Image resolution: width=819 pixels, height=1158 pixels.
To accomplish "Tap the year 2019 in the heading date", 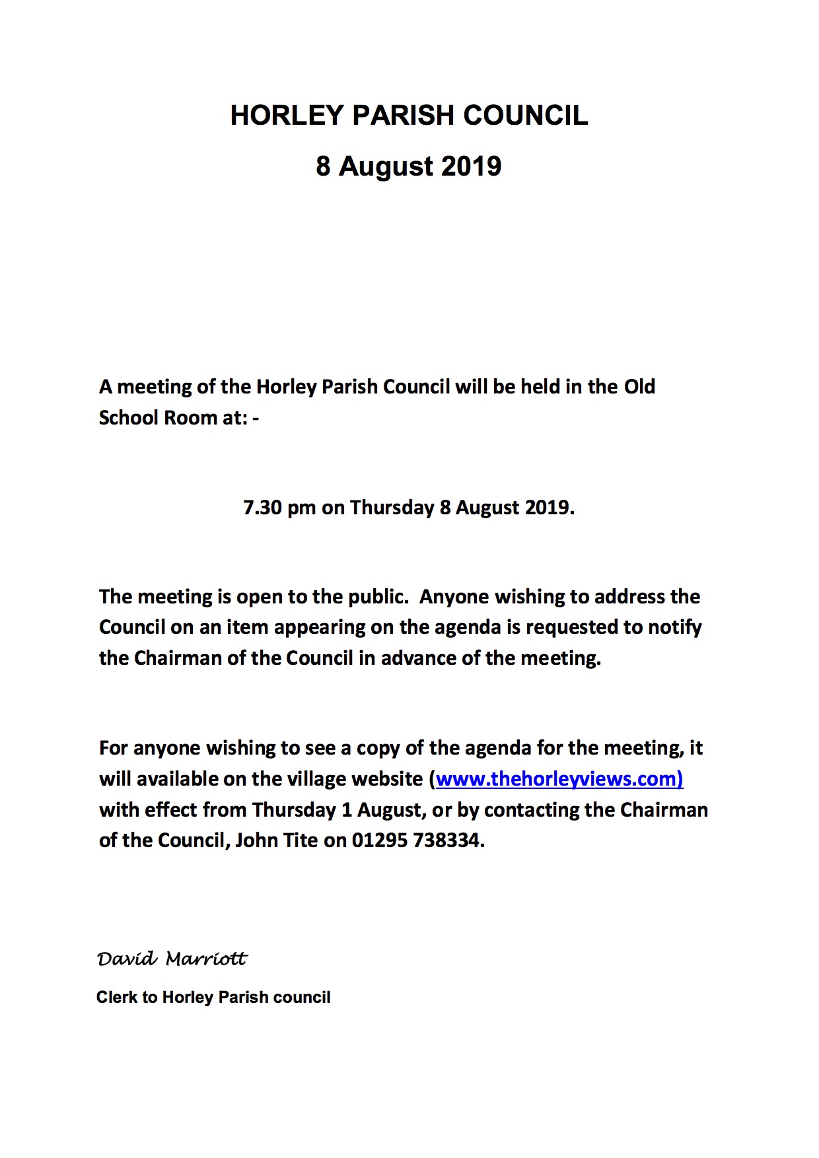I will (471, 166).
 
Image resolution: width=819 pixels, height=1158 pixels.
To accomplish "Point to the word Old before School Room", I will (639, 386).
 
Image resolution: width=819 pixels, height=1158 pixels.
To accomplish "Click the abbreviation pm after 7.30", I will (302, 508).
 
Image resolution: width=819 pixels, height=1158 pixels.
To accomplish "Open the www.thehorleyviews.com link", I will (559, 779).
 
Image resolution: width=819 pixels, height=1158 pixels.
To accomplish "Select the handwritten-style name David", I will (127, 959).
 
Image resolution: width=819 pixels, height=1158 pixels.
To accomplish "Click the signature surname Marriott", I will (206, 959).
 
